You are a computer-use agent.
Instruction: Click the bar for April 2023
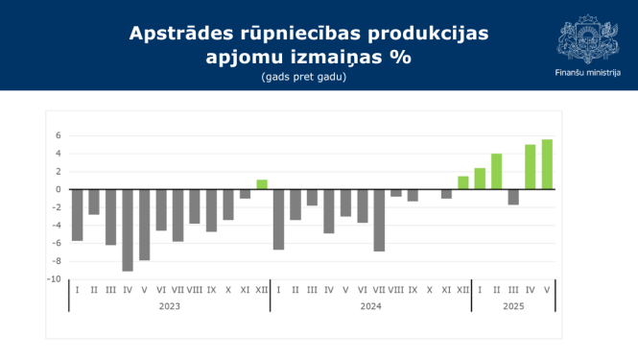[x=128, y=229]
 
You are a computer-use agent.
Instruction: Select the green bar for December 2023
[x=262, y=184]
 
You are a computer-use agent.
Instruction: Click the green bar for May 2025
[x=547, y=164]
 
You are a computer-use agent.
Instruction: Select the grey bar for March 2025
[x=513, y=197]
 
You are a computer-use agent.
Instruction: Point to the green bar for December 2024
[x=463, y=182]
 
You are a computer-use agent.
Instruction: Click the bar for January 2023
[x=78, y=214]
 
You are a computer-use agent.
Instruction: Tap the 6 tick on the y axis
[x=59, y=135]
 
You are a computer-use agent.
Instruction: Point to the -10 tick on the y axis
[x=57, y=278]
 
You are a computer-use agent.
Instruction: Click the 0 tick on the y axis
[x=59, y=189]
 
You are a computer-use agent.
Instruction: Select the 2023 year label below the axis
[x=169, y=306]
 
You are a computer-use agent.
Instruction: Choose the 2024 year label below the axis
[x=370, y=306]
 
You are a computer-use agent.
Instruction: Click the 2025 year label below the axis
[x=513, y=306]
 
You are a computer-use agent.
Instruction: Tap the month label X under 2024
[x=430, y=289]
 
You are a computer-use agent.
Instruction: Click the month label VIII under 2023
[x=195, y=289]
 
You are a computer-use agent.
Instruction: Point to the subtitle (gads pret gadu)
[x=302, y=77]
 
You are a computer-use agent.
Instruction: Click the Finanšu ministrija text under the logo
[x=588, y=73]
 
